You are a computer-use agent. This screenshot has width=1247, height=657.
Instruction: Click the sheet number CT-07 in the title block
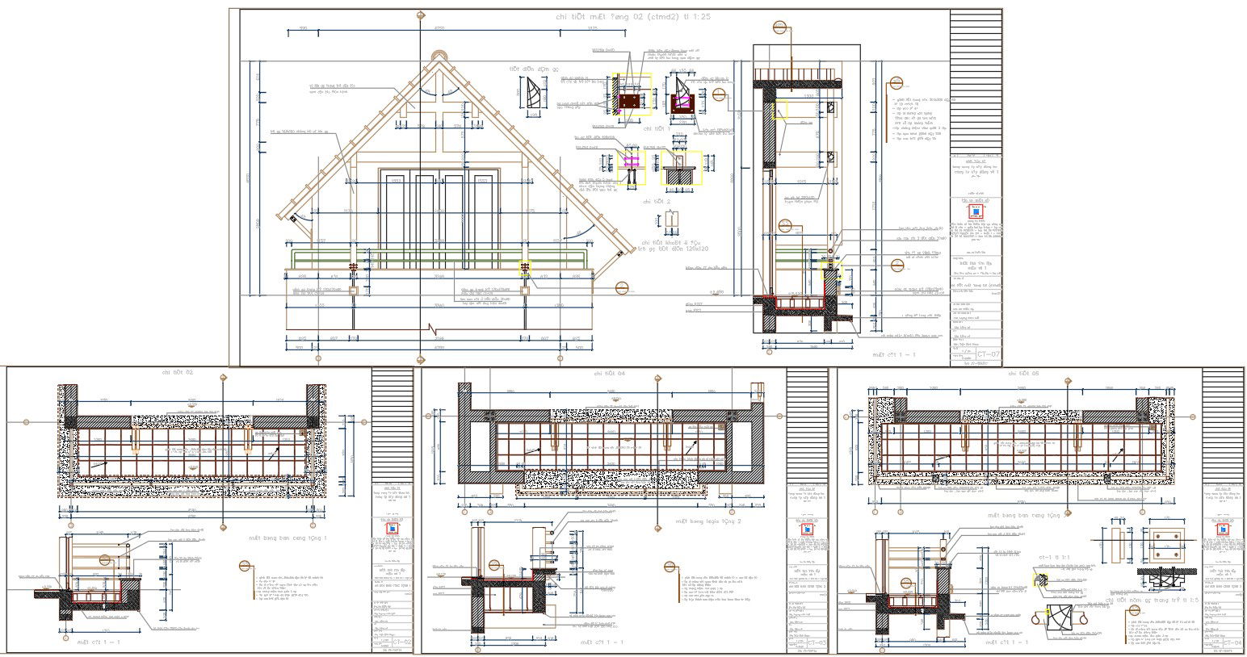tap(989, 354)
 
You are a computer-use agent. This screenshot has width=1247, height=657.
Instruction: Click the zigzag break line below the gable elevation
tap(433, 329)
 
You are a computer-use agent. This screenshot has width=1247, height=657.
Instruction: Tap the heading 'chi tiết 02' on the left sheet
tap(178, 373)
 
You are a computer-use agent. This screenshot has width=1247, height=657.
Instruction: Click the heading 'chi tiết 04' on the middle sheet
tap(610, 373)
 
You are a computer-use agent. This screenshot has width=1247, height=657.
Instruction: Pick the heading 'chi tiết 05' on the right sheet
tap(1023, 373)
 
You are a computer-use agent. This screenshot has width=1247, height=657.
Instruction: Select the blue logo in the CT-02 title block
tap(392, 529)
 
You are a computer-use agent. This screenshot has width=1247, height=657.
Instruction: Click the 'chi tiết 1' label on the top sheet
tap(657, 128)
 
